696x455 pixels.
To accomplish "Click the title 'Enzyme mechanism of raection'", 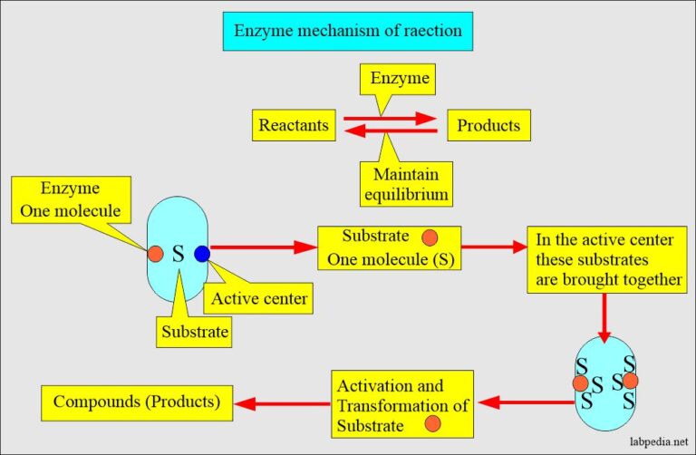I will pos(348,32).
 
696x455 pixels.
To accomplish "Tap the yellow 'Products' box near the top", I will pos(488,125).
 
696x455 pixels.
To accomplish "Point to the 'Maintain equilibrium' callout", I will pos(405,182).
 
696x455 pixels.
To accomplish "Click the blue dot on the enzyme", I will pos(201,254).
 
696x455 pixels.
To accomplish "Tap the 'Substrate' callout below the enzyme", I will pos(195,332).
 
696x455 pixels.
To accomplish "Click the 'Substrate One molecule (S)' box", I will pos(389,248).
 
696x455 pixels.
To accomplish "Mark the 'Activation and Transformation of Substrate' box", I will pos(400,402).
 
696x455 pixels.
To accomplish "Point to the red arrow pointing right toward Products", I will pos(391,117).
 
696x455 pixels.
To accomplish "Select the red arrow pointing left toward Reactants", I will pos(391,133).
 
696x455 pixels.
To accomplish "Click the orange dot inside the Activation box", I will pos(433,423).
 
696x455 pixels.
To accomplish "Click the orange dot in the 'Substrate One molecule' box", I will pos(430,237).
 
